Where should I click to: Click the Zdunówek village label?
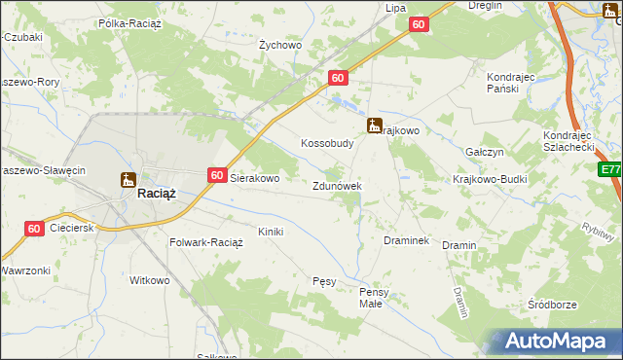338,186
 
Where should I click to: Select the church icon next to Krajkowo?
374,126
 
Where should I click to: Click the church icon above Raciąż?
128,179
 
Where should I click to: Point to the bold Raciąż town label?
156,194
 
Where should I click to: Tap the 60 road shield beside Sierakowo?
216,175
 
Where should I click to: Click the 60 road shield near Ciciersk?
34,229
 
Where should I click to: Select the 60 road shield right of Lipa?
418,25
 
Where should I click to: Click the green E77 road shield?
610,170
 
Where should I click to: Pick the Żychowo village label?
280,45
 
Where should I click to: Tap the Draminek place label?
406,239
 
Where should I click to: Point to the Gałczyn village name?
483,153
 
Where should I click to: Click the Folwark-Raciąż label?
205,242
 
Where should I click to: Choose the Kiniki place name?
270,232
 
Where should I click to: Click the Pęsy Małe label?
375,297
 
